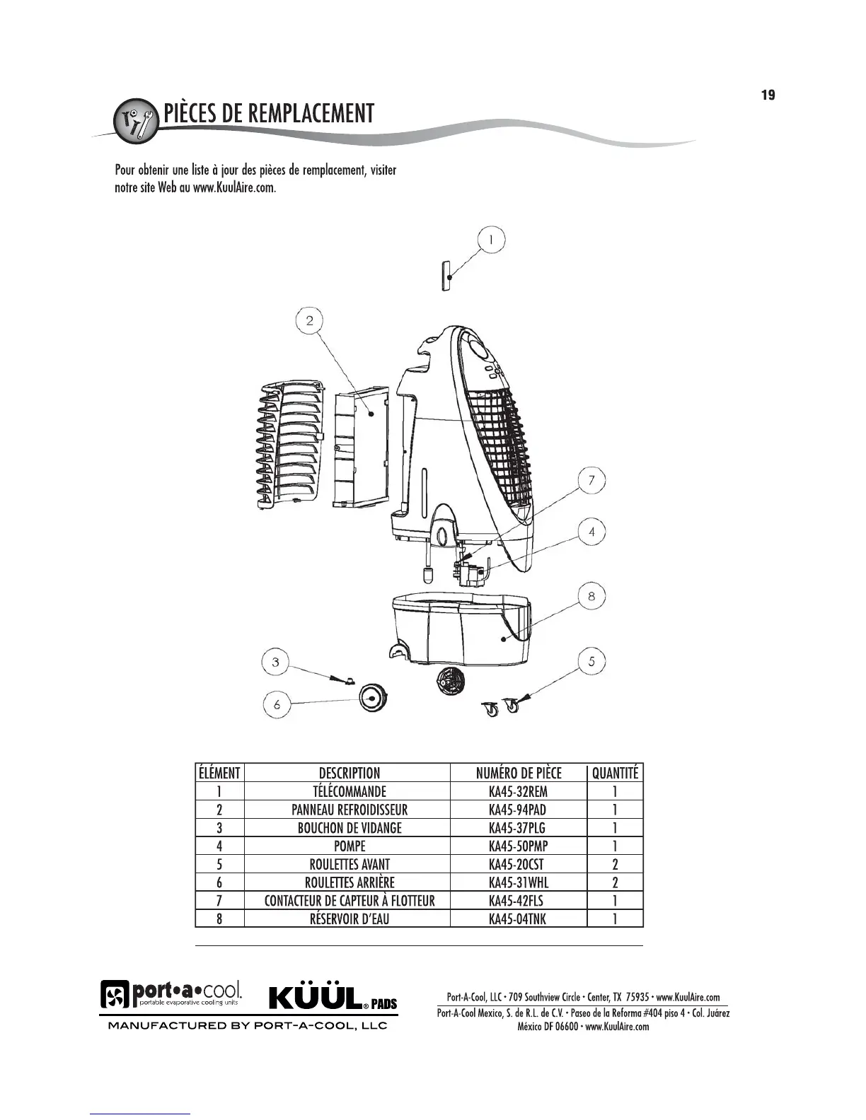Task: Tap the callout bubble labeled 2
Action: [309, 321]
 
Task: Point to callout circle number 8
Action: [591, 596]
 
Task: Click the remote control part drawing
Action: [446, 275]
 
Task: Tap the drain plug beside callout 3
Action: [347, 680]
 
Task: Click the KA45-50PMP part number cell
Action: [518, 846]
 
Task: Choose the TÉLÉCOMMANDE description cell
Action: [350, 791]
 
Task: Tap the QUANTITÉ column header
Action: [615, 773]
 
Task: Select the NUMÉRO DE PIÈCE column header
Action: [518, 773]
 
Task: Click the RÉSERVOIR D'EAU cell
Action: [350, 919]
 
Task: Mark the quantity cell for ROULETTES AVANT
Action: [615, 864]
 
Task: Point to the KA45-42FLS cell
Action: [518, 901]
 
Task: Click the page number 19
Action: [768, 95]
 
